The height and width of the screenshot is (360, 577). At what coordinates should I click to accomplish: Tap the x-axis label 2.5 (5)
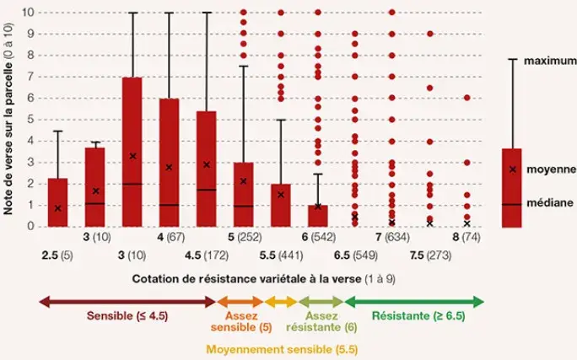57,254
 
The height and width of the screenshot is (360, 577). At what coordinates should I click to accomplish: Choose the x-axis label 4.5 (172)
207,254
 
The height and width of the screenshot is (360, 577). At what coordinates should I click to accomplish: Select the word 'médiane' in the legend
551,202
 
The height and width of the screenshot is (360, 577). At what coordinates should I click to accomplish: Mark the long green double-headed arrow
413,301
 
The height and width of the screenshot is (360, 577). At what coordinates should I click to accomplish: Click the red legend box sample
512,187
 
